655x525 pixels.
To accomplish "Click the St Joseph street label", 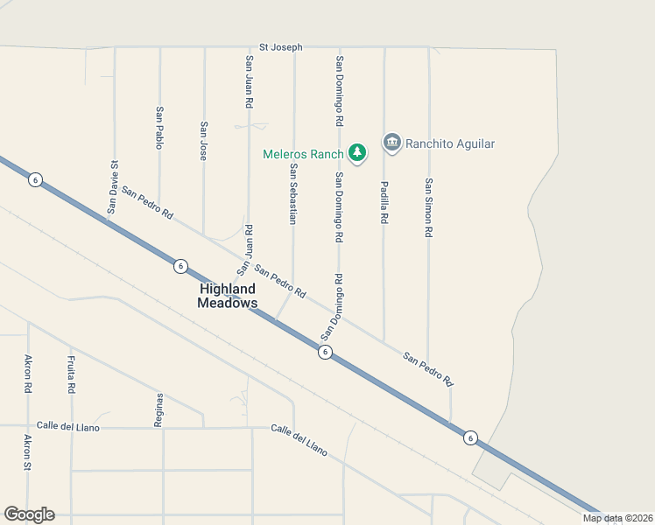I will point(281,47).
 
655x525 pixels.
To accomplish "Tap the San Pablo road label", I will point(159,128).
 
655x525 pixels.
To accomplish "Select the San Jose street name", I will point(204,141).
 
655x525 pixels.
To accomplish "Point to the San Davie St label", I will point(113,186).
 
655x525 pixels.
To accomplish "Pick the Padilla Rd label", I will point(384,202).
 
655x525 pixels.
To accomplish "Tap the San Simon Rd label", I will point(428,208).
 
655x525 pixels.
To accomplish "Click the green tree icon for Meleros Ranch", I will point(357,153).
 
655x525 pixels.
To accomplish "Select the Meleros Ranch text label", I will point(303,154).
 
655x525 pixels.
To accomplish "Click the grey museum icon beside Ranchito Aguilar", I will point(391,143).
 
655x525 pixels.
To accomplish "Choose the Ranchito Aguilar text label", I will point(451,143).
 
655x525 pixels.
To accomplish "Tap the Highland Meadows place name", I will point(228,296).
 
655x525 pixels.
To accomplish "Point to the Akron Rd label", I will point(28,374).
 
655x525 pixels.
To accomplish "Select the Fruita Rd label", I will point(72,374).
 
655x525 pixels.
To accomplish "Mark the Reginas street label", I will point(159,409).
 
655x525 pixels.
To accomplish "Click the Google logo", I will point(29,514).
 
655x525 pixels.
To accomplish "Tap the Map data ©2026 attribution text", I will point(617,518).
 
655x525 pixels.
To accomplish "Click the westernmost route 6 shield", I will point(35,179).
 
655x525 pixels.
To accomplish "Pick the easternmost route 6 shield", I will point(470,437).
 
